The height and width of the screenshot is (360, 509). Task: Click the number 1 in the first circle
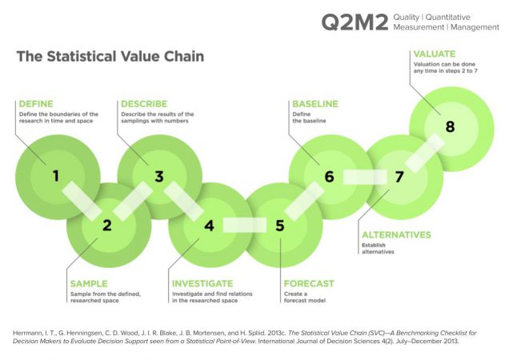pyautogui.click(x=56, y=175)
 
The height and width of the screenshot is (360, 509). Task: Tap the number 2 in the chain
pyautogui.click(x=106, y=225)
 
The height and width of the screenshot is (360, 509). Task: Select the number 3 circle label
pyautogui.click(x=158, y=176)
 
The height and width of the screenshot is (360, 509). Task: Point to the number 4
pyautogui.click(x=210, y=225)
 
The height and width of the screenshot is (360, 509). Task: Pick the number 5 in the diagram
pyautogui.click(x=279, y=225)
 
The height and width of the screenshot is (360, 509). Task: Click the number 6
pyautogui.click(x=329, y=176)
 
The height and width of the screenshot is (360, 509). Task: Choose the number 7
pyautogui.click(x=399, y=176)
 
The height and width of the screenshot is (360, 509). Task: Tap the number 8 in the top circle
pyautogui.click(x=450, y=126)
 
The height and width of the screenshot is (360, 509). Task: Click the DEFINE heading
pyautogui.click(x=37, y=104)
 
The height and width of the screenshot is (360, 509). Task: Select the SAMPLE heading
pyautogui.click(x=90, y=283)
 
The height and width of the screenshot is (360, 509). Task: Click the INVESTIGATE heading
pyautogui.click(x=202, y=283)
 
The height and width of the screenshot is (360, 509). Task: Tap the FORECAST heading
pyautogui.click(x=309, y=283)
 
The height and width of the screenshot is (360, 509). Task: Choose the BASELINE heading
pyautogui.click(x=315, y=104)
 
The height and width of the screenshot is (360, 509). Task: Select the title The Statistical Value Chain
pyautogui.click(x=110, y=57)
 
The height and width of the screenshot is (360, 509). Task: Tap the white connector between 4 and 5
pyautogui.click(x=244, y=225)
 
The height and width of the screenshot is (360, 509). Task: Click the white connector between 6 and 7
pyautogui.click(x=364, y=176)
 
